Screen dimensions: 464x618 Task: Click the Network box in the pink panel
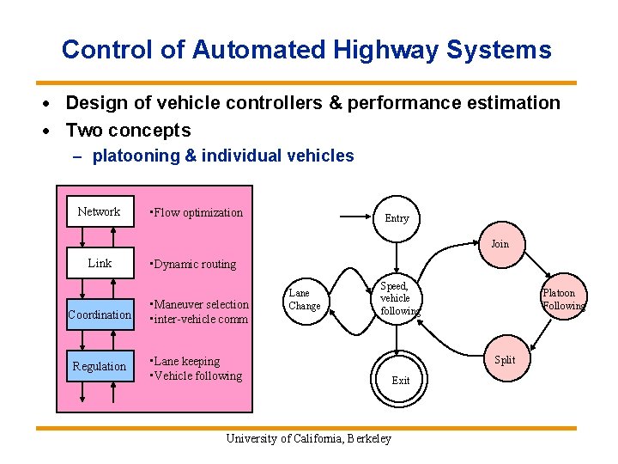99,212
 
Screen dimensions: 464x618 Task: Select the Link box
100,263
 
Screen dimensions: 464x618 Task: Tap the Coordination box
100,314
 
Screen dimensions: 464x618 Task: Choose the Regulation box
100,366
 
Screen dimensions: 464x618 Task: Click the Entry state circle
397,218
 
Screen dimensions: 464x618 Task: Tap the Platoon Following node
562,299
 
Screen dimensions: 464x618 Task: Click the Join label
500,244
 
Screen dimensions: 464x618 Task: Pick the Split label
505,360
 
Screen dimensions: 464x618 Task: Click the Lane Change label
305,299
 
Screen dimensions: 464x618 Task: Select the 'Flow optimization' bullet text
197,212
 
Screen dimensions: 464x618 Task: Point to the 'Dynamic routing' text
193,264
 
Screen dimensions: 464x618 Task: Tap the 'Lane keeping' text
185,361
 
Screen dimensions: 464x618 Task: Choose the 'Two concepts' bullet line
128,130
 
